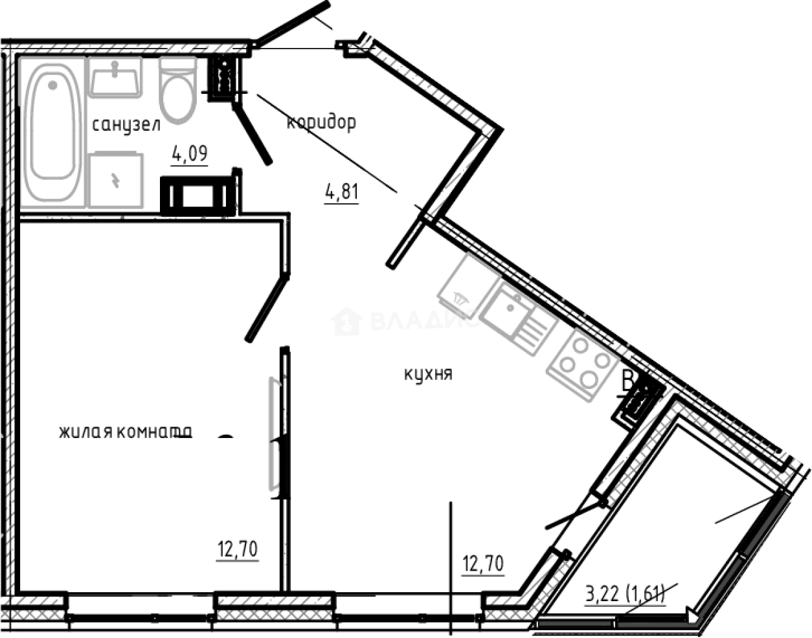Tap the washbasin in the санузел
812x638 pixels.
point(115,77)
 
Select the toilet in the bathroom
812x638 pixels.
point(178,91)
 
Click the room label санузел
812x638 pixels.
point(126,125)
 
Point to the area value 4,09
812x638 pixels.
point(189,154)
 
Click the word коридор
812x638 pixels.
point(321,122)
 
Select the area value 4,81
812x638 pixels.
point(341,192)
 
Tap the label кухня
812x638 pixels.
point(427,374)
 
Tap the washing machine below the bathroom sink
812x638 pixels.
point(115,181)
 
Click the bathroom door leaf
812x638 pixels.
point(253,136)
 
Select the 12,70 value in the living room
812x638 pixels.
point(237,550)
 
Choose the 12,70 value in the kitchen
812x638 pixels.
point(483,564)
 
